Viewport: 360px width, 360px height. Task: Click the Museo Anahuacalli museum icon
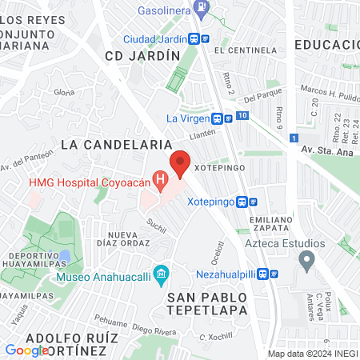[162, 276]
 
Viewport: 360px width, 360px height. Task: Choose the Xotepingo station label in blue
[215, 202]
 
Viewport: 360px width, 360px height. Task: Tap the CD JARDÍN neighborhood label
[142, 56]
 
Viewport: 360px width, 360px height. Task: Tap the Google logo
[26, 350]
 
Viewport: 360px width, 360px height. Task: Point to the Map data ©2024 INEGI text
[313, 354]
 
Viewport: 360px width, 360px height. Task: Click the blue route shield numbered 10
[242, 117]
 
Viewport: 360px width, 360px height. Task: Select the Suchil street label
[156, 228]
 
